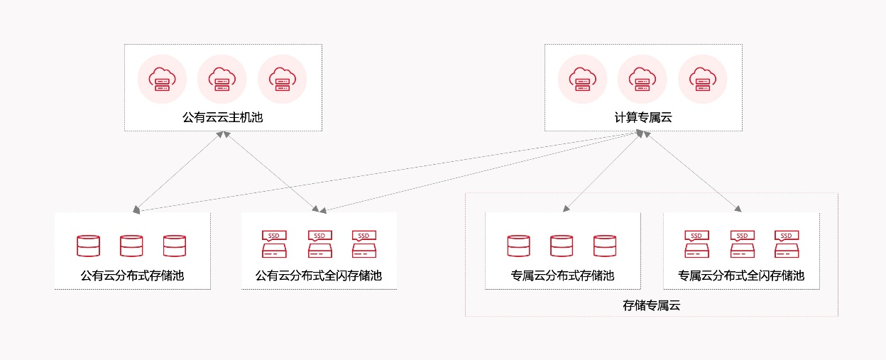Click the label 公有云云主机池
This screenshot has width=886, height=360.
click(x=223, y=117)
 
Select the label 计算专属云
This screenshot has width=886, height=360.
click(x=643, y=117)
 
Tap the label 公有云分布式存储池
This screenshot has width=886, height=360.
click(x=132, y=276)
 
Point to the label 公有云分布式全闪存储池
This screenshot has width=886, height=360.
click(x=319, y=276)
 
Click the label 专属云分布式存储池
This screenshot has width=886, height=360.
click(x=562, y=276)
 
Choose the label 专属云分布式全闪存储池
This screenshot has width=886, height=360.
click(x=741, y=276)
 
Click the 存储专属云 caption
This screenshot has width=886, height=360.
click(x=652, y=306)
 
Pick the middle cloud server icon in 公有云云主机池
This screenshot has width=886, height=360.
click(x=222, y=79)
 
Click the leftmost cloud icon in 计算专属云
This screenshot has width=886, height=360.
click(x=583, y=79)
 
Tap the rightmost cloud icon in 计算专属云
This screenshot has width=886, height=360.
click(x=703, y=79)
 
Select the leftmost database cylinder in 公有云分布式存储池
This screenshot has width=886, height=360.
click(x=88, y=245)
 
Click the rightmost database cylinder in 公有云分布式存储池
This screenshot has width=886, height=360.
click(x=174, y=245)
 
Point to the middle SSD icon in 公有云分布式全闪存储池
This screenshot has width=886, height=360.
click(x=319, y=244)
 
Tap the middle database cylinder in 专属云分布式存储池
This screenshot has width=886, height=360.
click(x=562, y=245)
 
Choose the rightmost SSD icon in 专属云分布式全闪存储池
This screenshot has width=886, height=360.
click(x=786, y=244)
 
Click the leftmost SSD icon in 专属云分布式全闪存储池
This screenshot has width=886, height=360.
click(x=696, y=244)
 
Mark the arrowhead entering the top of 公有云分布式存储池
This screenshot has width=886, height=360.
click(x=136, y=209)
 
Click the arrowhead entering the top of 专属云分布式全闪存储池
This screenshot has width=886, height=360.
click(x=738, y=209)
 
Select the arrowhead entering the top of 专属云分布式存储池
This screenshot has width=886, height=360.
click(x=565, y=209)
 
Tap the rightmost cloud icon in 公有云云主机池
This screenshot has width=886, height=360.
click(x=283, y=79)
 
